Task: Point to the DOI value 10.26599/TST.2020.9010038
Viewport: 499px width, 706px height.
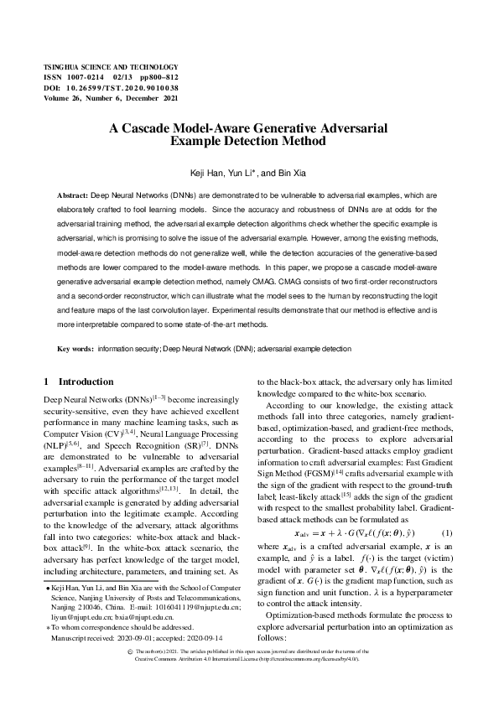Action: (x=123, y=87)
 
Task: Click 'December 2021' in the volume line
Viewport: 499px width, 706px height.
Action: (x=156, y=98)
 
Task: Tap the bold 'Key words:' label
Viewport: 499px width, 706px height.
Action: (x=75, y=347)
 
